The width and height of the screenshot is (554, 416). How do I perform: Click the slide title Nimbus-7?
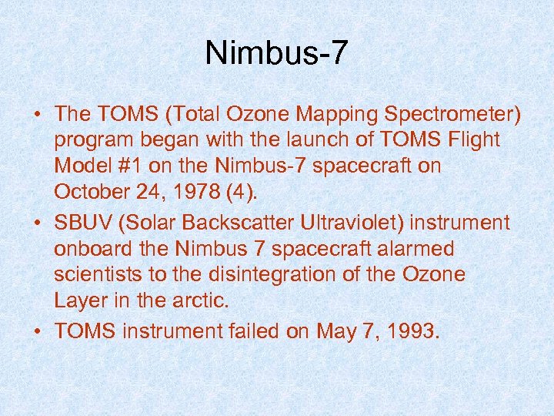[x=277, y=53]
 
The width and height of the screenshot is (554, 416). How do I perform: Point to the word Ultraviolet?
[x=343, y=223]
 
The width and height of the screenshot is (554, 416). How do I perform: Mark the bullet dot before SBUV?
[x=37, y=224]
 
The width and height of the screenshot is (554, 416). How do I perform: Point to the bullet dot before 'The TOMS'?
[x=37, y=115]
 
